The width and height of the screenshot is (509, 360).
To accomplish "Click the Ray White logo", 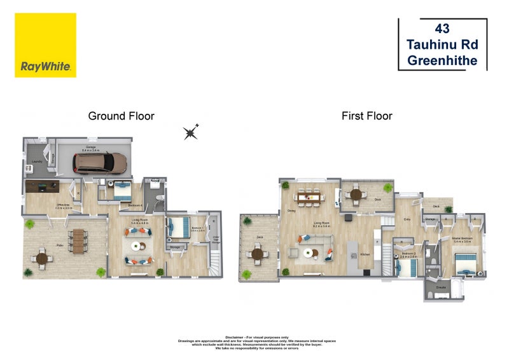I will pos(45,46).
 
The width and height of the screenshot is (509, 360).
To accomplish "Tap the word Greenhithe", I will pos(442,62).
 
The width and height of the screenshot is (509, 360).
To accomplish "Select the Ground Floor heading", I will pos(121,116).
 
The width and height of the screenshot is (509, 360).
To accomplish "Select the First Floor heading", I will pos(366,116).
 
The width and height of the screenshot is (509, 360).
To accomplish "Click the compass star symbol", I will pos(191,132).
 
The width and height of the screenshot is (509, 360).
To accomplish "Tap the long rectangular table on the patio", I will pos(80,241).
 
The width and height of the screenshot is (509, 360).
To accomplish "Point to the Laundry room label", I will pos(37,162).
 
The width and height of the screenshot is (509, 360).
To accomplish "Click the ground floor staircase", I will pos(214,261).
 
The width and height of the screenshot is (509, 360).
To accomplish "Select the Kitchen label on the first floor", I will pos(365,254).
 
